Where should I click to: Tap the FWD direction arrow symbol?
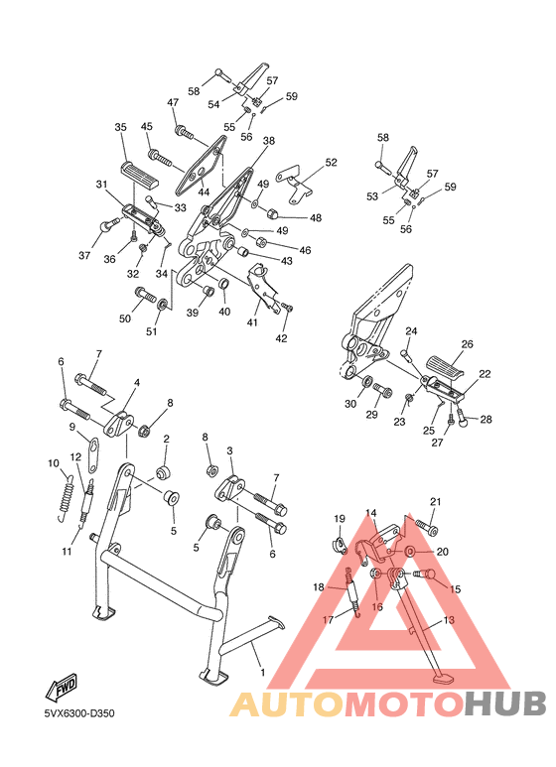click(x=64, y=688)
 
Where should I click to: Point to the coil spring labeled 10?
click(x=66, y=495)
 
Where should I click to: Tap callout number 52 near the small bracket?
click(x=331, y=162)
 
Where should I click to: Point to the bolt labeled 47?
click(x=182, y=129)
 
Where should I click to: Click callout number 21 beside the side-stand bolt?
click(x=435, y=501)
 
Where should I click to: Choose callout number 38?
click(x=268, y=142)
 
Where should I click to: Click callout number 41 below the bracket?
click(x=252, y=321)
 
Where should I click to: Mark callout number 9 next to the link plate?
click(x=72, y=427)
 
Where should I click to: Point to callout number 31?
click(x=101, y=185)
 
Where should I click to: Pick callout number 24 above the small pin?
click(x=410, y=330)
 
